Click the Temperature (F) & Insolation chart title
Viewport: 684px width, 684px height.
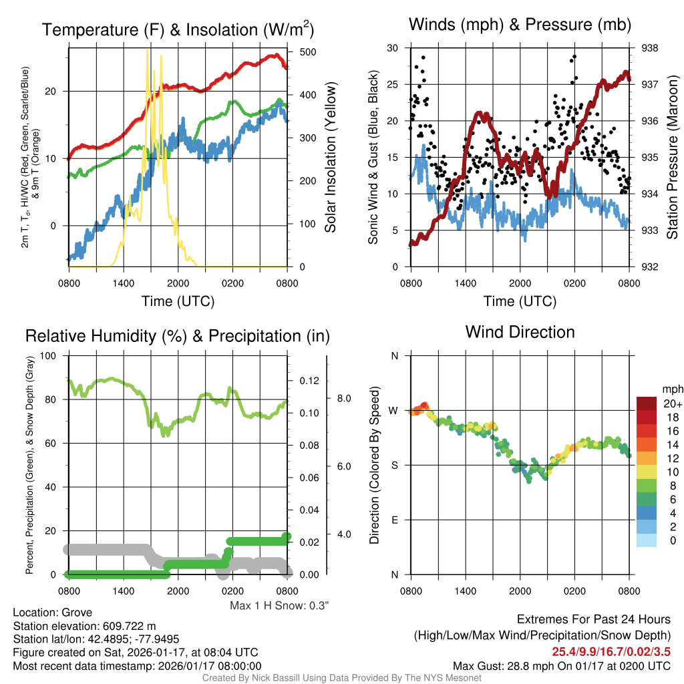[x=178, y=29]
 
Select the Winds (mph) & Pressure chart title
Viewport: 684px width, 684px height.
[x=520, y=25]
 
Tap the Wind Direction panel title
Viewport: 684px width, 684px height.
[x=520, y=332]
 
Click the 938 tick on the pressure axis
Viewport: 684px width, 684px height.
[x=649, y=48]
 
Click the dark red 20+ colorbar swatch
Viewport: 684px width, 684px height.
[x=647, y=404]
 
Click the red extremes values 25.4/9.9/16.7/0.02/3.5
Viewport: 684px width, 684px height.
[x=611, y=651]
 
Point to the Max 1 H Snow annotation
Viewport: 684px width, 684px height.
[x=279, y=606]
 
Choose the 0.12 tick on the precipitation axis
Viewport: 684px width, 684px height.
[x=307, y=381]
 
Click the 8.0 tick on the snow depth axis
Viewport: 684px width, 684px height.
[x=343, y=398]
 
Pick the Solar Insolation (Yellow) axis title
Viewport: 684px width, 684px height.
[x=330, y=158]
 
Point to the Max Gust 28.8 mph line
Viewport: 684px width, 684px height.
[x=561, y=665]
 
